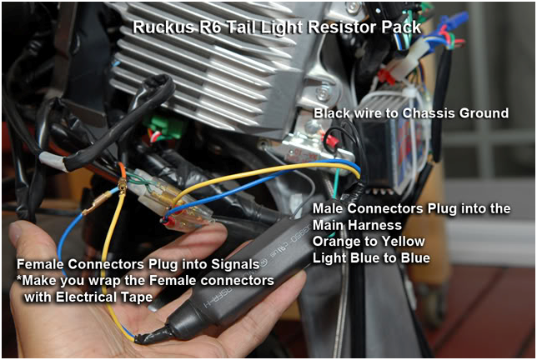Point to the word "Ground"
tap(483, 112)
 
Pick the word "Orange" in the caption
tap(339, 242)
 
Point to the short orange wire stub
tap(123, 172)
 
